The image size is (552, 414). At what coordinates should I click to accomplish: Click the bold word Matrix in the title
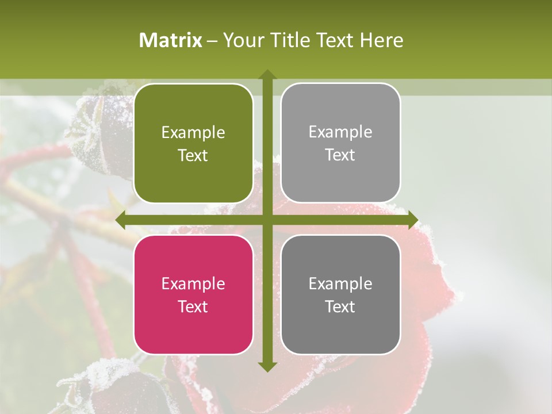(171, 40)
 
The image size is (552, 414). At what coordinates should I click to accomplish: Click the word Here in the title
(382, 40)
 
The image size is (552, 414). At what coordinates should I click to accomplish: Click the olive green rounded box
(193, 143)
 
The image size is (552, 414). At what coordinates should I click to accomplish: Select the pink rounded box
(193, 294)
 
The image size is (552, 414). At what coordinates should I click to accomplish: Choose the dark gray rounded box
(340, 294)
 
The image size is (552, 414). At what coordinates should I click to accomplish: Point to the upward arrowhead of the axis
(267, 75)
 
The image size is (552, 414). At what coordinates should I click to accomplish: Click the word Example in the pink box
(193, 283)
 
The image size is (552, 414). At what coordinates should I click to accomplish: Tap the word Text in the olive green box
(193, 155)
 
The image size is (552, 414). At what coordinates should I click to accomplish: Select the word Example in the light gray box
(340, 132)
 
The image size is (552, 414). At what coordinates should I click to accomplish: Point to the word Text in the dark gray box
(340, 306)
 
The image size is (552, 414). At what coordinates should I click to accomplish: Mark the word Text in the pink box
(193, 306)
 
